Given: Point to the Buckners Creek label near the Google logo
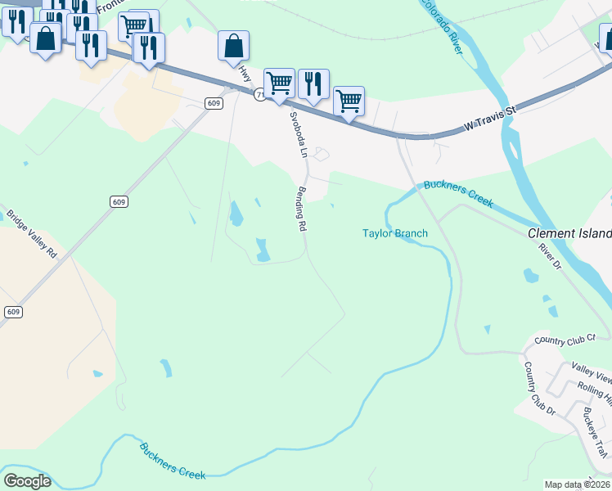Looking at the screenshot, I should pos(173,461).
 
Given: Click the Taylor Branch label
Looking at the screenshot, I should pos(395,234).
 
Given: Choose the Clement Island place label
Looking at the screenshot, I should pos(569,232).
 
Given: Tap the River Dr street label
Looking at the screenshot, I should pos(551,255).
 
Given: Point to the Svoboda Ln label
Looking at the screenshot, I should pos(296,135).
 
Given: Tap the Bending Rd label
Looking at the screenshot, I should pos(301,209).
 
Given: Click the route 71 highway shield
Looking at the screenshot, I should pos(259,95).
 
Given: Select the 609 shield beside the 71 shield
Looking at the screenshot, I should pos(214,102).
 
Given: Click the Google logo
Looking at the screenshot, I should pos(26,481).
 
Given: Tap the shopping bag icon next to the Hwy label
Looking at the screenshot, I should pos(233,46).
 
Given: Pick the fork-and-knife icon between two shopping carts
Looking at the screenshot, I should pos(313,83).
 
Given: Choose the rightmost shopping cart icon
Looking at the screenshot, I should pos(349,101).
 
